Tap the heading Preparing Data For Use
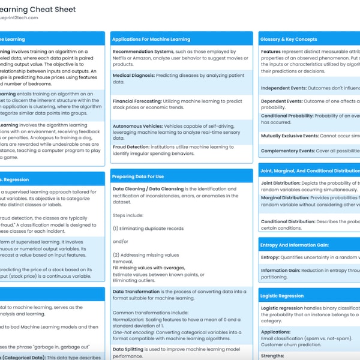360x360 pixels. (x=139, y=176)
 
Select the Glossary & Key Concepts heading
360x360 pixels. (x=289, y=39)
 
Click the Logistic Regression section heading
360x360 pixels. (x=283, y=296)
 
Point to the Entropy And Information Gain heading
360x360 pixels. (x=293, y=245)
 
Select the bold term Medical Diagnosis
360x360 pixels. (x=133, y=76)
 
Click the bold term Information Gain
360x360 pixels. (x=283, y=270)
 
